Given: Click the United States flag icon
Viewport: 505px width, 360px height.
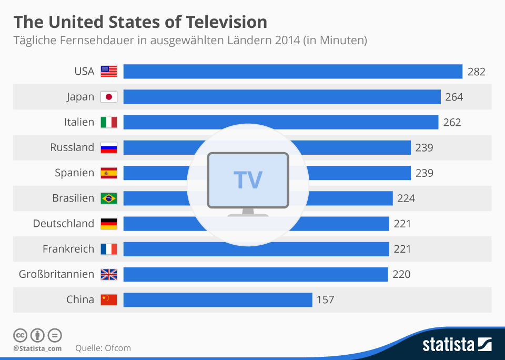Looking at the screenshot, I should click(x=109, y=72).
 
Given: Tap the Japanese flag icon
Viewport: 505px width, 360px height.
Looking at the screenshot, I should click(x=109, y=97).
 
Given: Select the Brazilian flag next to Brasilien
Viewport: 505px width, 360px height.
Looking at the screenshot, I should click(x=109, y=198).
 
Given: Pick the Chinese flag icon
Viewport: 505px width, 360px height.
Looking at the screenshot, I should click(x=109, y=299).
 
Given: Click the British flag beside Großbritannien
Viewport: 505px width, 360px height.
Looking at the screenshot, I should click(x=109, y=274).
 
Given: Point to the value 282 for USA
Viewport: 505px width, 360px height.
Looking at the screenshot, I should click(x=476, y=72).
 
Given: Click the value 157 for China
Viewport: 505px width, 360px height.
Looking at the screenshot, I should click(x=325, y=300).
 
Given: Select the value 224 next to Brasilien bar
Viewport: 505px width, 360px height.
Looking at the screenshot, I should click(x=406, y=198).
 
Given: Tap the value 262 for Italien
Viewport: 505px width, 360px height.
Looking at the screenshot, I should click(x=452, y=123).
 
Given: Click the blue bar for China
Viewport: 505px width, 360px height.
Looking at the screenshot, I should click(x=218, y=299).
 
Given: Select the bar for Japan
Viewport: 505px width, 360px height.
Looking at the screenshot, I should click(x=282, y=97).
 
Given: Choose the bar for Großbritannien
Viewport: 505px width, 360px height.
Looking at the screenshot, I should click(x=256, y=274).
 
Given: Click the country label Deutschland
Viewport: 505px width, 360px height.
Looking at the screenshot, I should click(x=63, y=224).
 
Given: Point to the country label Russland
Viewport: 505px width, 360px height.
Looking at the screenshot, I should click(x=72, y=147).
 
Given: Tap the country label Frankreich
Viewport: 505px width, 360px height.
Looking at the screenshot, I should click(x=68, y=249).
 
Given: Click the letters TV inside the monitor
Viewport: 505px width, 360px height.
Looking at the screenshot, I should click(x=248, y=180).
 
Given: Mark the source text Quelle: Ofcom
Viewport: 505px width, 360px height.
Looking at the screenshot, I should click(x=103, y=348).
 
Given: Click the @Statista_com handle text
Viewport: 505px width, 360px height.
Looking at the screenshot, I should click(x=37, y=348).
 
